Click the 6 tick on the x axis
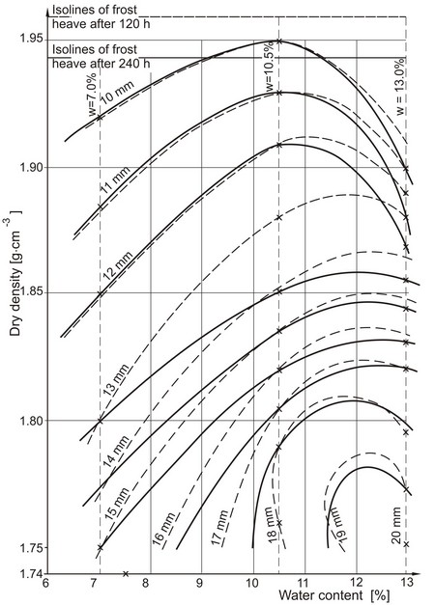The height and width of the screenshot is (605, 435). [45, 583]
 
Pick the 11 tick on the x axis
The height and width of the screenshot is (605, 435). [304, 583]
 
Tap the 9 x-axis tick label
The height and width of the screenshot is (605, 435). [200, 583]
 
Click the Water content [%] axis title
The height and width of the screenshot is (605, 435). [333, 595]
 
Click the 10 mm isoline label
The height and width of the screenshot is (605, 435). [118, 92]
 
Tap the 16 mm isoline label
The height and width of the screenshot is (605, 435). [164, 529]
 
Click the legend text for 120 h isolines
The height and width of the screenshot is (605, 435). [101, 16]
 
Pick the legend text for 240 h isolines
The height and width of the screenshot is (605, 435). [101, 56]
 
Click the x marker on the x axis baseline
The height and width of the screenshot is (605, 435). [126, 574]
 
